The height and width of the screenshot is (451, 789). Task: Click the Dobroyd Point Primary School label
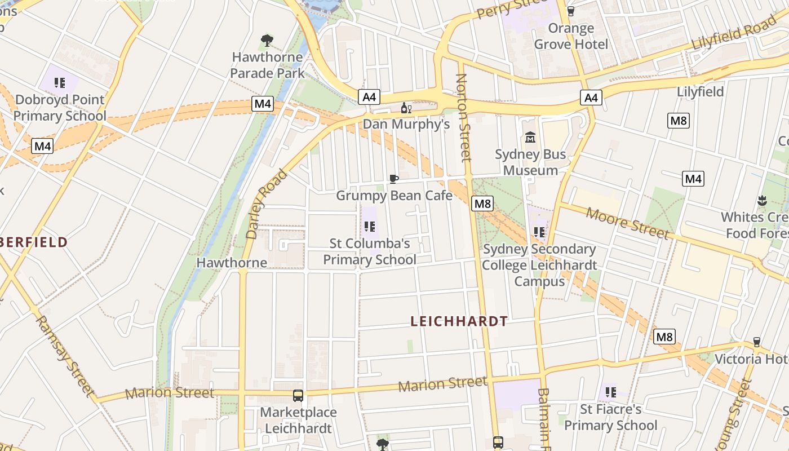[60, 108]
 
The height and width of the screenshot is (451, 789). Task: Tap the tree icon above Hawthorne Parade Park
[267, 41]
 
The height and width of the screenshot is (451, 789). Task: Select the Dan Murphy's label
[406, 124]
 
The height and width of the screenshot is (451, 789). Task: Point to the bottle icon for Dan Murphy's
[406, 108]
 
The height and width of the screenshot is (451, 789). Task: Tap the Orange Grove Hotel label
[571, 36]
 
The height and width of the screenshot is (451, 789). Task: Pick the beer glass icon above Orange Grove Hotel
[570, 11]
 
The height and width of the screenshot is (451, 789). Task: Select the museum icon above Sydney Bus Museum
[530, 137]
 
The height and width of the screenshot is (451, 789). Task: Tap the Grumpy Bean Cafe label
[394, 196]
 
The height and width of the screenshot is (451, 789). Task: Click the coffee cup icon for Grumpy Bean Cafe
[394, 179]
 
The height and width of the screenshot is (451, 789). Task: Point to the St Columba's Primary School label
[370, 251]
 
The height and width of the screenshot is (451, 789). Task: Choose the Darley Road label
[267, 204]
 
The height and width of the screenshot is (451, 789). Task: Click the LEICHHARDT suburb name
[459, 321]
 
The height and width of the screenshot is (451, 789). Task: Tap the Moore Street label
[627, 223]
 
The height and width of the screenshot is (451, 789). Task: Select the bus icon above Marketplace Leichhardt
[298, 396]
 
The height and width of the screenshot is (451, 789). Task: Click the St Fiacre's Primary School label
[610, 417]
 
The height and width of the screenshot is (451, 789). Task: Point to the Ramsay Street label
[65, 355]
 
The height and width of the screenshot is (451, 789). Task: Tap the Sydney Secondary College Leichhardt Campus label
[539, 265]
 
